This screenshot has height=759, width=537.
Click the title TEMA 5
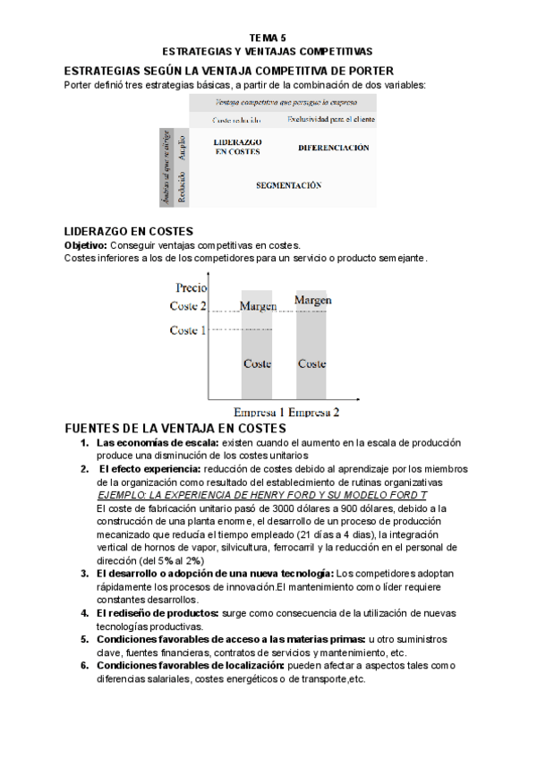coord(268,38)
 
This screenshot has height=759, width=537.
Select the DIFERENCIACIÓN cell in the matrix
coord(333,148)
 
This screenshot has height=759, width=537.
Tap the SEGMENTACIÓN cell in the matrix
coord(288,185)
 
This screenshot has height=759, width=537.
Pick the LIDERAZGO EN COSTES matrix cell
coord(238,147)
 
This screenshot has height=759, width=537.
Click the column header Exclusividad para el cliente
coord(330,119)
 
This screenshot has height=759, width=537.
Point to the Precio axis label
coord(192,288)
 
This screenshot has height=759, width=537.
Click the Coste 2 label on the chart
coord(188,307)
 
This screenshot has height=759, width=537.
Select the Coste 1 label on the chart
coord(188,330)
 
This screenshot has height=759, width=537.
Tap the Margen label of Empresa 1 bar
coord(258,306)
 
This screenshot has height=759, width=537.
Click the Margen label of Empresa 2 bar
coord(312,301)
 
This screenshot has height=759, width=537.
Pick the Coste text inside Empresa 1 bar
coord(257,363)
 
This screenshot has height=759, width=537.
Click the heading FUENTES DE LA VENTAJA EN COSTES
coord(175,429)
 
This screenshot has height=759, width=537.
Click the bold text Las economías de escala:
coord(158,443)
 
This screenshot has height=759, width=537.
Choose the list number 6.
coord(83,665)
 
